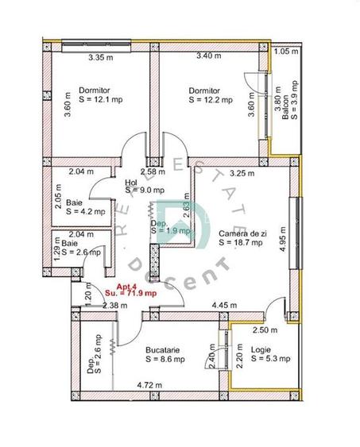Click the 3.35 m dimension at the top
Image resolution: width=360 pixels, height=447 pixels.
101,57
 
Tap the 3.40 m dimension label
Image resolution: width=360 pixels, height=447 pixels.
209,56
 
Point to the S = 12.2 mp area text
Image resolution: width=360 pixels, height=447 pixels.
209,101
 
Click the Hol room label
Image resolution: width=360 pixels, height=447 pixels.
131,182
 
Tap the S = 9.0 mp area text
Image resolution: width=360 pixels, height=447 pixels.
145,191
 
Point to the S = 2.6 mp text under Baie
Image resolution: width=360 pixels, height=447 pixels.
83,252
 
